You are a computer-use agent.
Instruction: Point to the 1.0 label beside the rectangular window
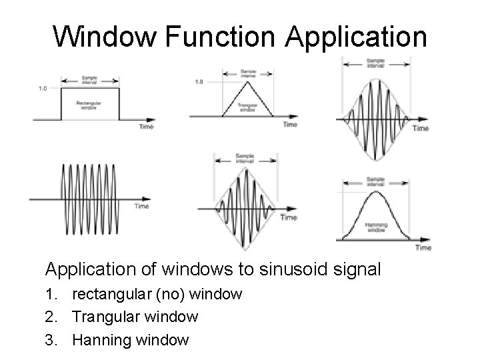point(43,88)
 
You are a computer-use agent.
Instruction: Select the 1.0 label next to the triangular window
point(199,82)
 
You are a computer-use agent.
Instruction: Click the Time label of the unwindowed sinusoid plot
point(141,206)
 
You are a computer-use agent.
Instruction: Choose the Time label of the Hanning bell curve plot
point(423,247)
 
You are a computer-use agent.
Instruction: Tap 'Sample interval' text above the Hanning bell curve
point(377,181)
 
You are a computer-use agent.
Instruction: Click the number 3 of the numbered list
point(49,340)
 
